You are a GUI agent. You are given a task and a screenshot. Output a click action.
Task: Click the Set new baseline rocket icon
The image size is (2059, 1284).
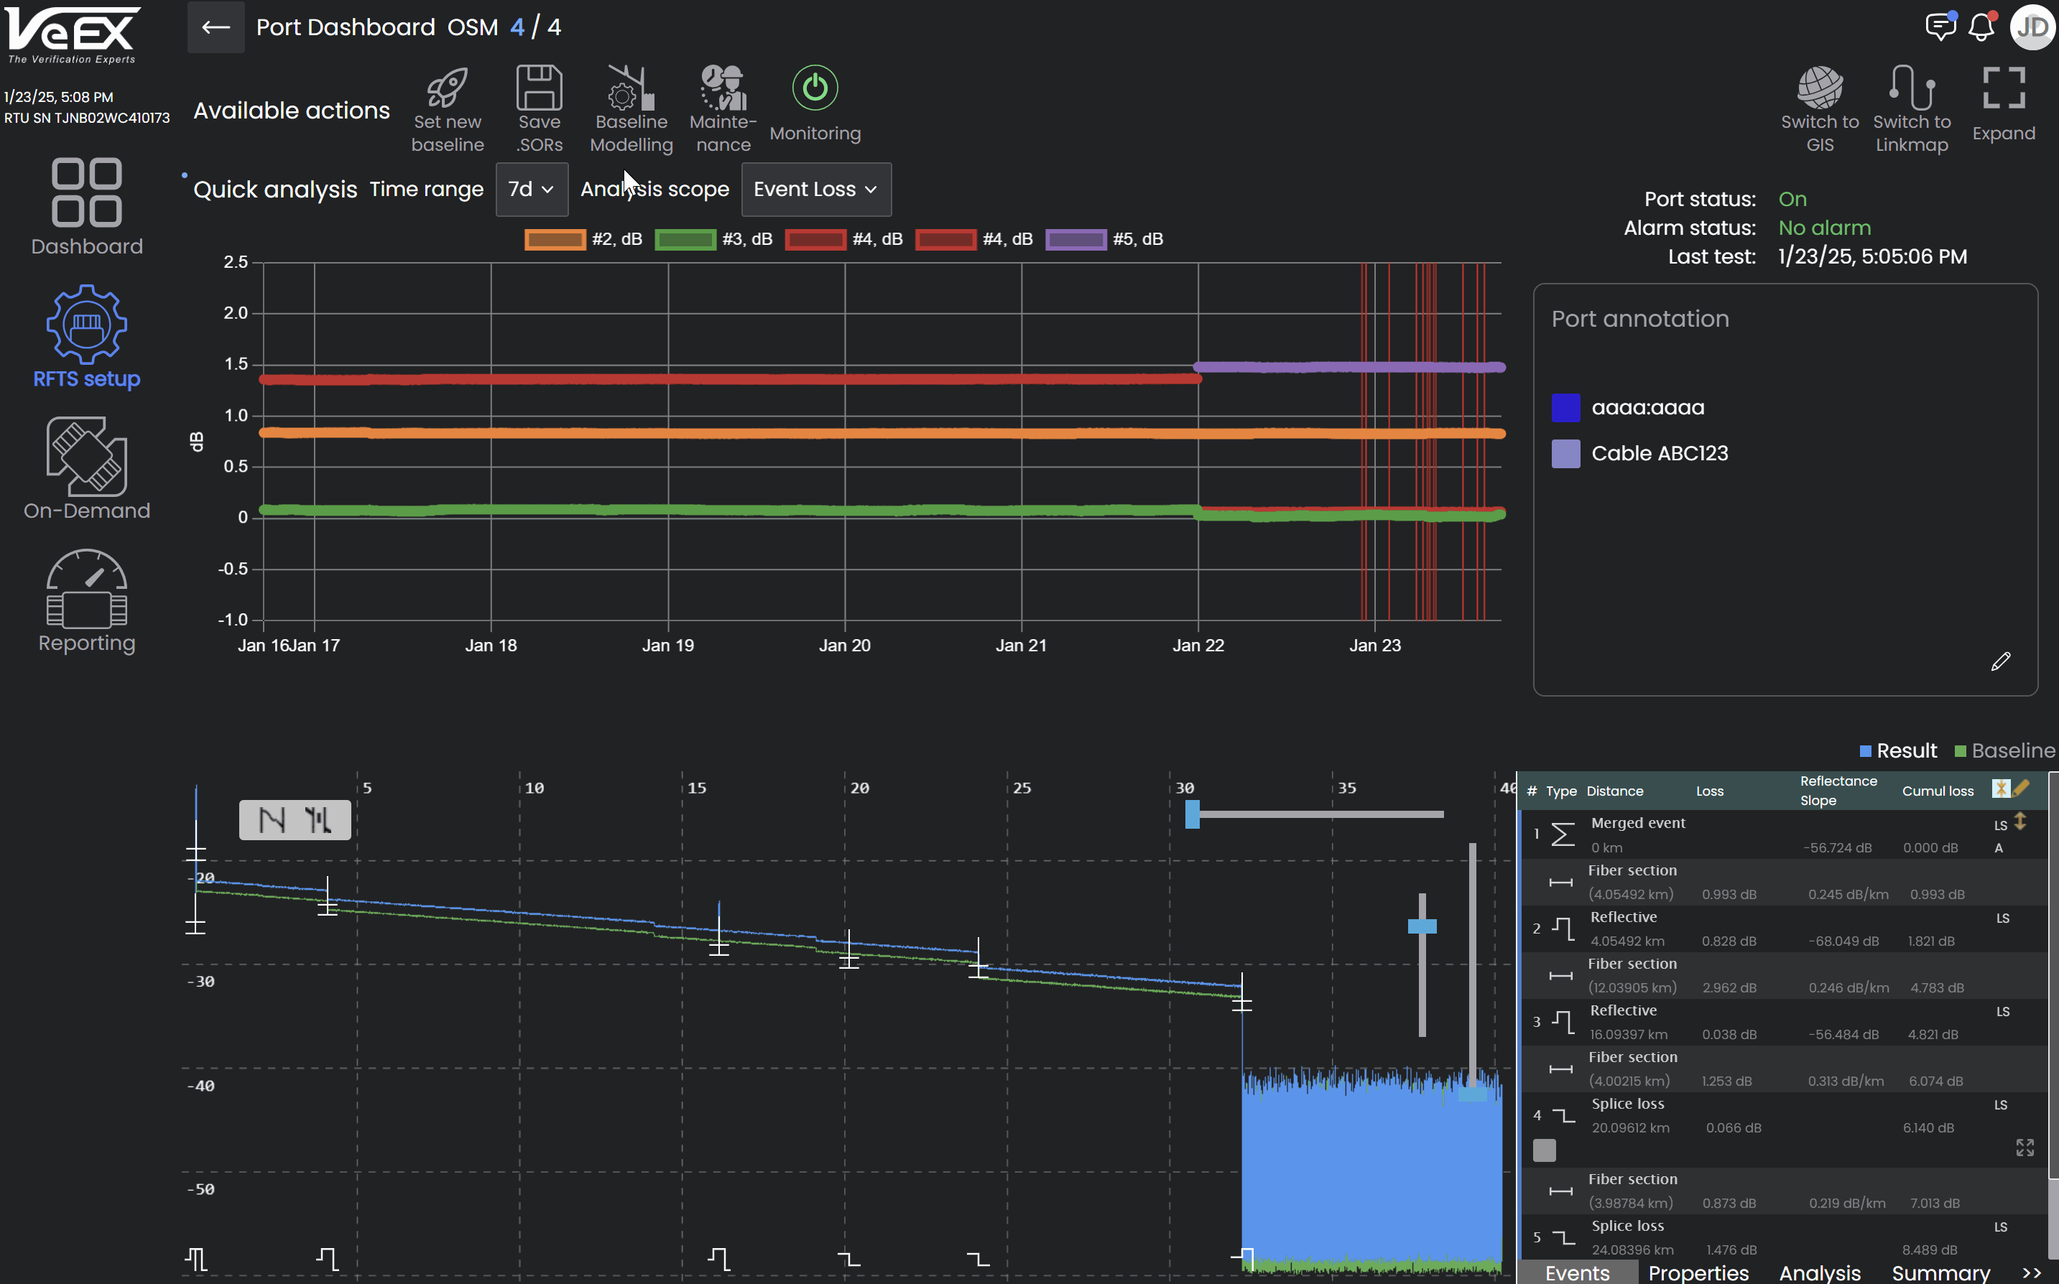pyautogui.click(x=447, y=88)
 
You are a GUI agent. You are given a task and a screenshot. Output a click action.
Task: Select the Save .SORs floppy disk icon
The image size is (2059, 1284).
pyautogui.click(x=540, y=88)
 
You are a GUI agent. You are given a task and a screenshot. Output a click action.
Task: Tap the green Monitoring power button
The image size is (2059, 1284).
pyautogui.click(x=815, y=88)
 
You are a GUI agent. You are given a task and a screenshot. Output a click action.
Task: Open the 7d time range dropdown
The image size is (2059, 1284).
pyautogui.click(x=531, y=190)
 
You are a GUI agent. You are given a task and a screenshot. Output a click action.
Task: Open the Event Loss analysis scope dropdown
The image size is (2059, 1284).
pyautogui.click(x=815, y=190)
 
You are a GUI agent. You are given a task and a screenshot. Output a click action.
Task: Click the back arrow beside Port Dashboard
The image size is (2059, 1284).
pyautogui.click(x=216, y=27)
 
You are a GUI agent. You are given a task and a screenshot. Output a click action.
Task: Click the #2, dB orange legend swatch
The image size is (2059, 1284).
pyautogui.click(x=555, y=239)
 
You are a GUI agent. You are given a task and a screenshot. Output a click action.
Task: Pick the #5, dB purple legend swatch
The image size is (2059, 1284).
pyautogui.click(x=1075, y=239)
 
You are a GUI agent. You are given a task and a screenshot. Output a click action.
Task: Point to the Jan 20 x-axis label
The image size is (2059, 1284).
pyautogui.click(x=844, y=646)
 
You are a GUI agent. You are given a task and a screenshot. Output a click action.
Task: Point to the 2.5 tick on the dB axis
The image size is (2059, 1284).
pyautogui.click(x=236, y=262)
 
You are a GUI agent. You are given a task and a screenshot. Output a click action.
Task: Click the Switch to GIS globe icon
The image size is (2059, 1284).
pyautogui.click(x=1820, y=88)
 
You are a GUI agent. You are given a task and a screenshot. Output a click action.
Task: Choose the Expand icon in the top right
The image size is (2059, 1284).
pyautogui.click(x=2004, y=88)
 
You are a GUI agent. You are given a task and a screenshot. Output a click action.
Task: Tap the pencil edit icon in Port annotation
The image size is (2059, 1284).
pyautogui.click(x=2000, y=661)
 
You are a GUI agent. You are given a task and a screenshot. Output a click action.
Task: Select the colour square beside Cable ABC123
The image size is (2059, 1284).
pyautogui.click(x=1565, y=453)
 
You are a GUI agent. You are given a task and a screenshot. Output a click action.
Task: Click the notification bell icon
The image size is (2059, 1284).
pyautogui.click(x=1981, y=27)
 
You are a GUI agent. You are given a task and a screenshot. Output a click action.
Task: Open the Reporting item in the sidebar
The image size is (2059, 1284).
pyautogui.click(x=87, y=601)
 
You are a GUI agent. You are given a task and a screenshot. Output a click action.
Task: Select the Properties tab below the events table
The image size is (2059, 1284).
pyautogui.click(x=1698, y=1272)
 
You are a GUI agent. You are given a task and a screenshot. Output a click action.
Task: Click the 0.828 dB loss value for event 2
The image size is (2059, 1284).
pyautogui.click(x=1729, y=941)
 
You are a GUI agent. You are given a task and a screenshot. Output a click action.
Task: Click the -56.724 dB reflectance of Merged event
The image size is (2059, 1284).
pyautogui.click(x=1837, y=847)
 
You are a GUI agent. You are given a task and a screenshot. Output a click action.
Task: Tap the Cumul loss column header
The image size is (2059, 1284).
pyautogui.click(x=1938, y=791)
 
